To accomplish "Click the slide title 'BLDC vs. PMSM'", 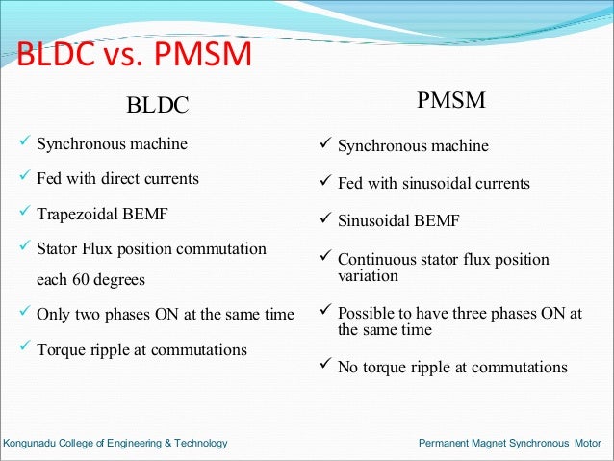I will coord(134,56).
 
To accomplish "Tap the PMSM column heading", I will coord(450,101).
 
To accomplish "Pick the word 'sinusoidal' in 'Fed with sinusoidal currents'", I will coord(440,183).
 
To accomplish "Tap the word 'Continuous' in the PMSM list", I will coord(376,259).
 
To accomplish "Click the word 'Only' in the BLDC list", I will coord(52,315).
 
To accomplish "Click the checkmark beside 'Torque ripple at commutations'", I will coord(24,348).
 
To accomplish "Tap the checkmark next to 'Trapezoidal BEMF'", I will coord(24,212).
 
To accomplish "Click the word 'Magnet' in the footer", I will coord(511,444).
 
